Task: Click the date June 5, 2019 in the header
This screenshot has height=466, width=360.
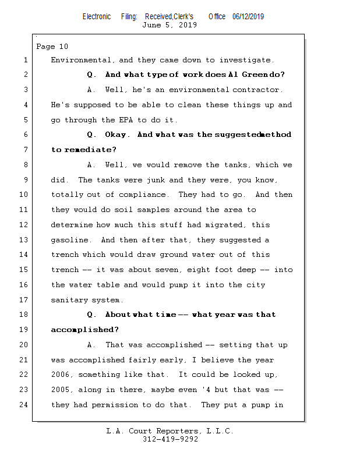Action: click(x=170, y=25)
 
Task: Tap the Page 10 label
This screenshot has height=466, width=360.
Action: click(x=52, y=47)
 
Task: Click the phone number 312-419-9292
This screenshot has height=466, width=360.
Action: click(x=170, y=439)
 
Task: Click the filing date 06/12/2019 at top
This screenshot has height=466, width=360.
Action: click(x=248, y=17)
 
